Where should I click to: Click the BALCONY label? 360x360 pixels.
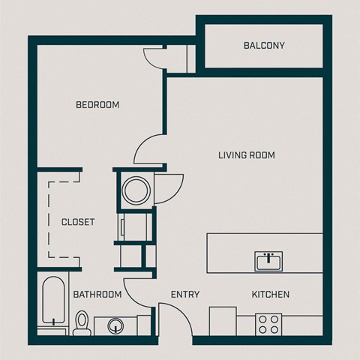coord(264,46)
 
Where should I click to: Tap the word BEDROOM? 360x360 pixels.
coord(97,105)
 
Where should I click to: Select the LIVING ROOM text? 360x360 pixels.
coord(246,155)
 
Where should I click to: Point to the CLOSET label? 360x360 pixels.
coord(78,222)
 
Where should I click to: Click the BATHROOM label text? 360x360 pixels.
coord(97,295)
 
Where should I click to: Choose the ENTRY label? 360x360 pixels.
coord(185,295)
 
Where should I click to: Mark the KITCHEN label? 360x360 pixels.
coord(271,295)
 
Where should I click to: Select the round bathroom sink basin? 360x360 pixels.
coord(116,325)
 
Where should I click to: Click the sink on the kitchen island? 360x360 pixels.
coord(268,262)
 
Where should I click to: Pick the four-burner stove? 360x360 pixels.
coord(268,324)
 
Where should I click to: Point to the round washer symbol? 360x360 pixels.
coord(136,189)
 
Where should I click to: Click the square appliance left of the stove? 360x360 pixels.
coord(223,320)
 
